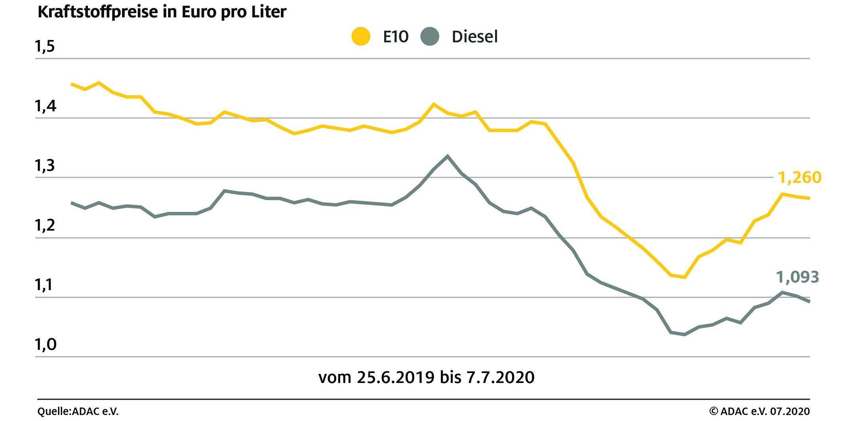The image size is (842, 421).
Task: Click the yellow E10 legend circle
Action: (361, 36)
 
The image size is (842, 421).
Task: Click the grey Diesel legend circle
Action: (430, 36)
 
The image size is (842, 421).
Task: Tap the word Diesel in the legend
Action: (474, 37)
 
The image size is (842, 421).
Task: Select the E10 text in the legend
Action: (396, 37)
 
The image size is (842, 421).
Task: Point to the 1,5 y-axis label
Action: (45, 46)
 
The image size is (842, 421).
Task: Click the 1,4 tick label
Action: (45, 106)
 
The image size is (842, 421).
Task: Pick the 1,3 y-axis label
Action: (45, 166)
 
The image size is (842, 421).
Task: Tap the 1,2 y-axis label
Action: (45, 225)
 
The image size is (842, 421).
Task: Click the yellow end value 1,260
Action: (800, 177)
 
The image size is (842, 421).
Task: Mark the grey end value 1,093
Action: (797, 277)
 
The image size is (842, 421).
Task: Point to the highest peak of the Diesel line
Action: (448, 156)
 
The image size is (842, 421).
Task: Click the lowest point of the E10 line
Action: (684, 277)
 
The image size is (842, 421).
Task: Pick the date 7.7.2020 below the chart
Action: (500, 377)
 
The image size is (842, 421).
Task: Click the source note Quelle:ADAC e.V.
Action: (78, 411)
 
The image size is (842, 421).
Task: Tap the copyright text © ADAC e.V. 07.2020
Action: (759, 411)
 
